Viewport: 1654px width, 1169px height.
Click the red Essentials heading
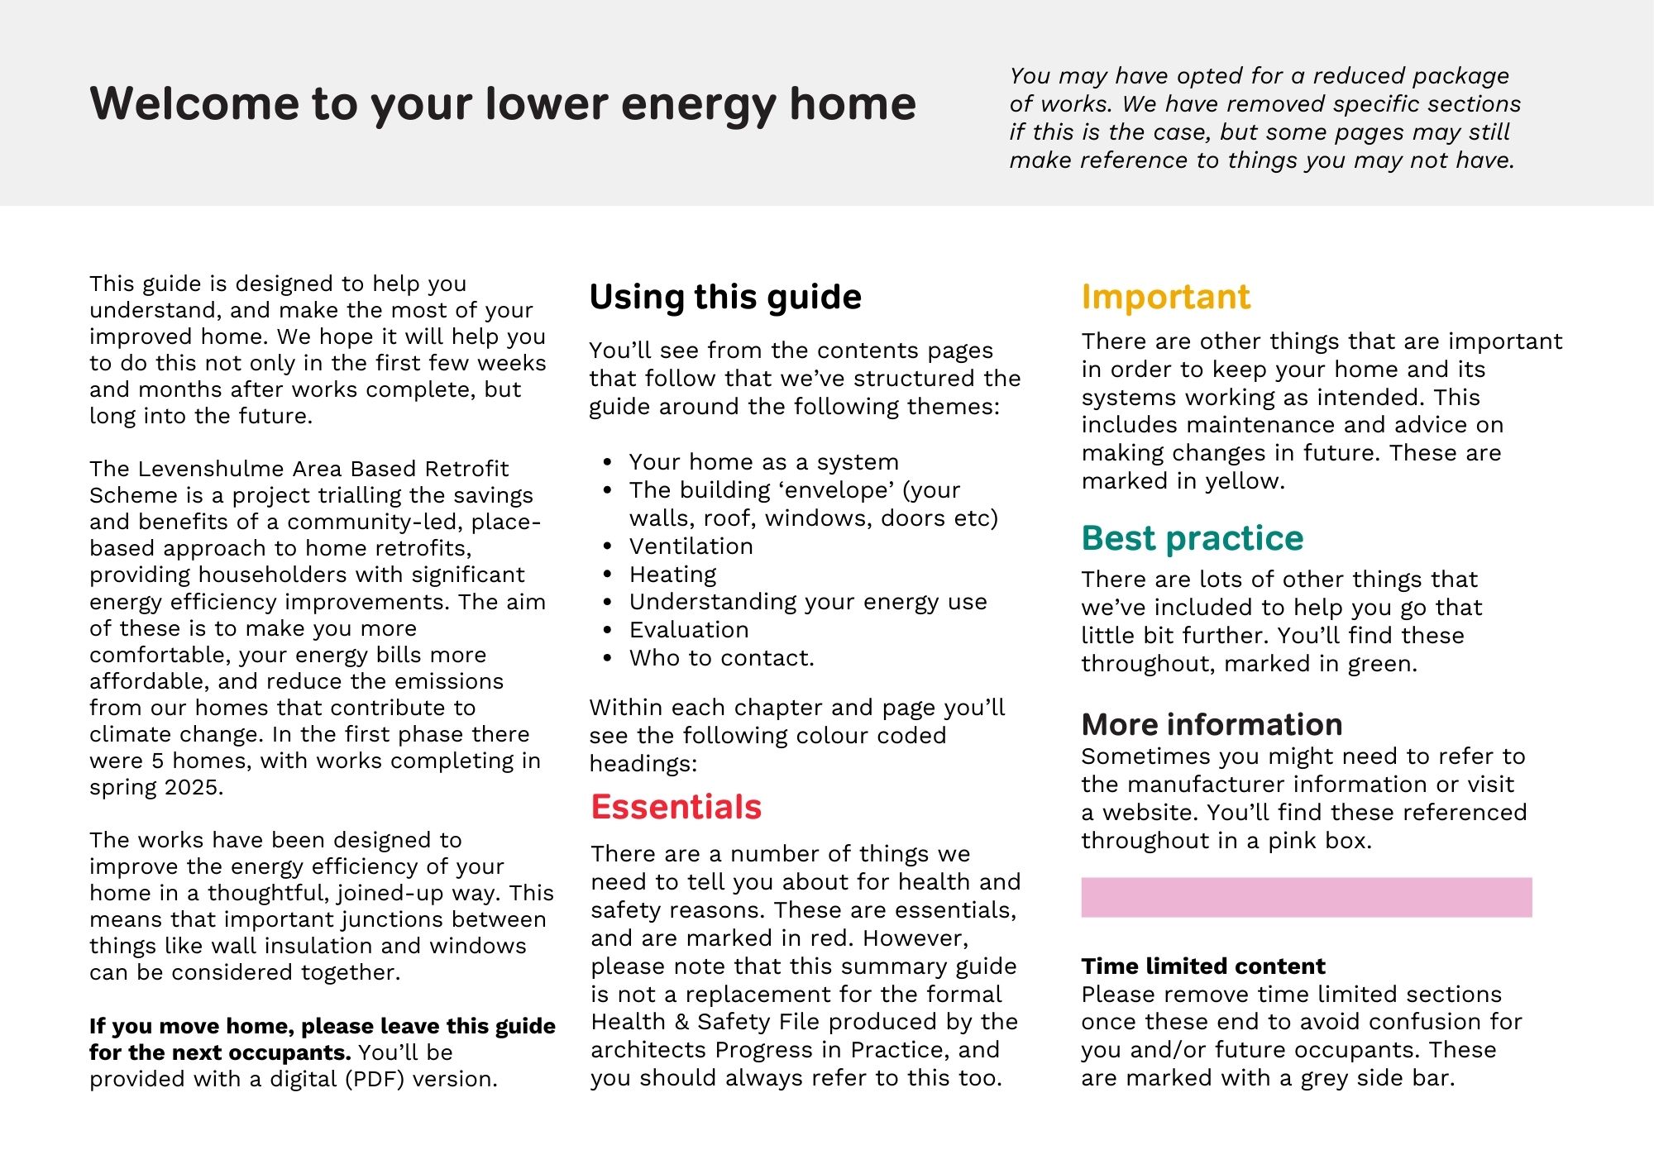(x=676, y=807)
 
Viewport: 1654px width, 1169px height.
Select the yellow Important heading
(x=1165, y=297)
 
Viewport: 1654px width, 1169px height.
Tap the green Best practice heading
(x=1192, y=538)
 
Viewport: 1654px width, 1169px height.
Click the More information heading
(x=1212, y=724)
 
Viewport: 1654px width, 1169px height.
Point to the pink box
(x=1306, y=897)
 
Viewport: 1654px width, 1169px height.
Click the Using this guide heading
(x=725, y=297)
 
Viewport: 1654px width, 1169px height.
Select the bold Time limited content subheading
(x=1202, y=966)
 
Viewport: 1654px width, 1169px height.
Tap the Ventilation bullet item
(x=691, y=546)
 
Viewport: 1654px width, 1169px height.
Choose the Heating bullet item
(x=672, y=574)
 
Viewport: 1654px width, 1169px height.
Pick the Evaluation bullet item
(x=689, y=630)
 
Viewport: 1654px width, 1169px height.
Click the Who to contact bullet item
(x=721, y=658)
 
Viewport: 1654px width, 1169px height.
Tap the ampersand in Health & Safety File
(x=681, y=1022)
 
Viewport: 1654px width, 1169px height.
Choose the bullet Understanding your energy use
(x=808, y=602)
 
